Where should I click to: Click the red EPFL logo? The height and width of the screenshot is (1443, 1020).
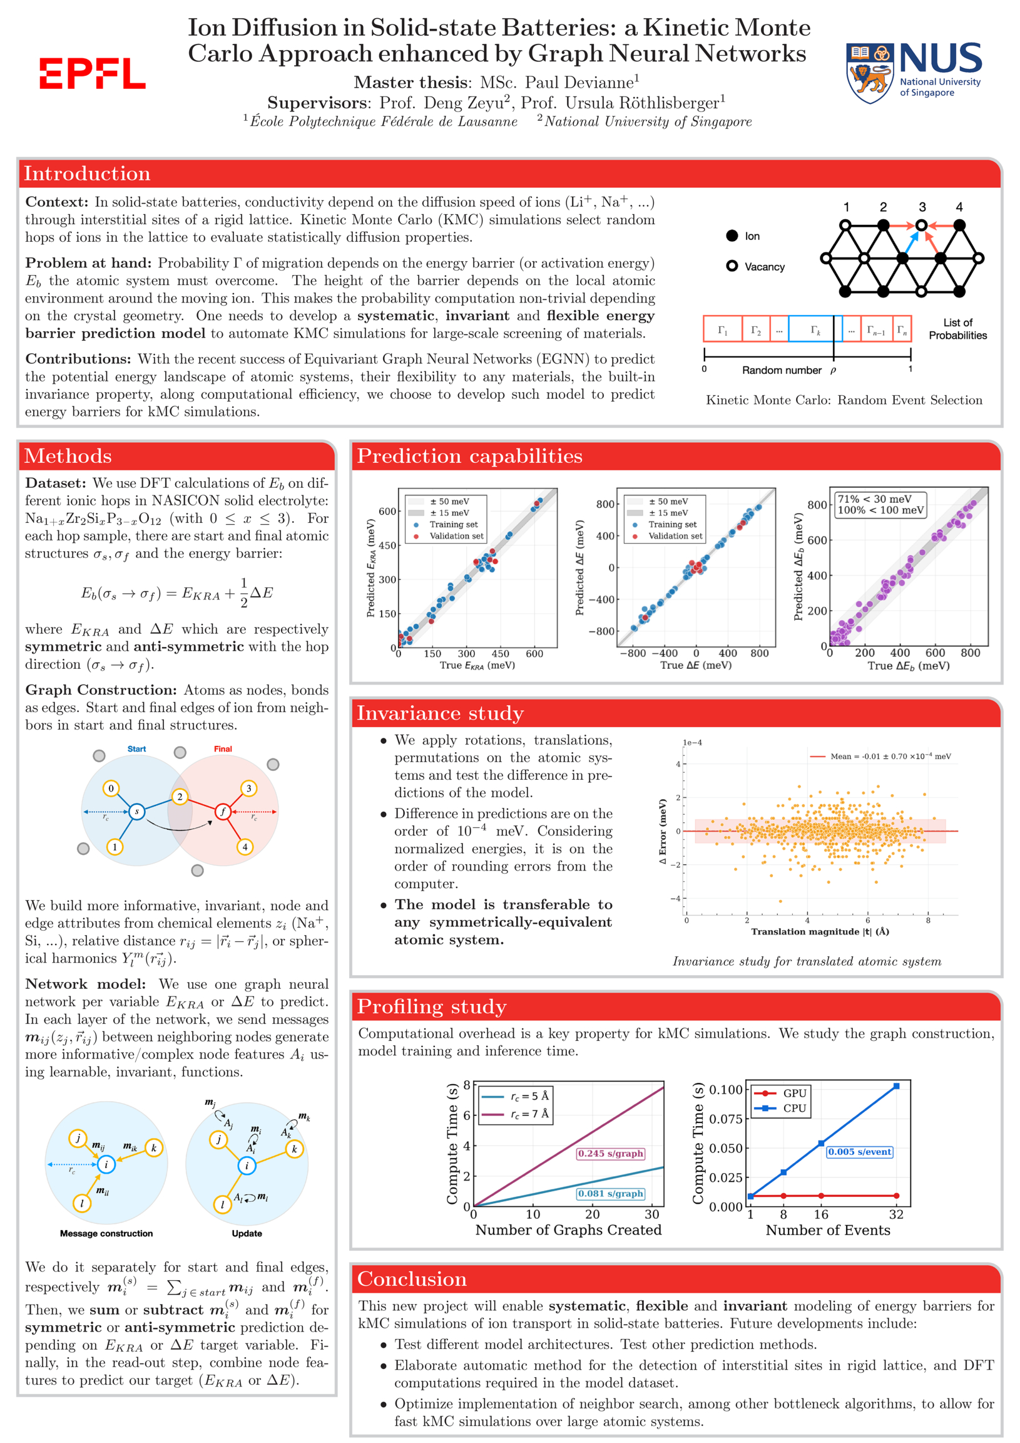coord(93,73)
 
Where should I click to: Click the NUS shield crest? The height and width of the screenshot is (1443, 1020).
coord(870,72)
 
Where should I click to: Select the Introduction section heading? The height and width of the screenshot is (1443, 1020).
coord(88,173)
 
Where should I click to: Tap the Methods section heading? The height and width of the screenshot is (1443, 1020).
coord(68,456)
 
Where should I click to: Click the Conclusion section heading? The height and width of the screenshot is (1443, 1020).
coord(411,1278)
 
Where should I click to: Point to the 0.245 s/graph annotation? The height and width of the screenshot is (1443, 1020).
coord(611,1153)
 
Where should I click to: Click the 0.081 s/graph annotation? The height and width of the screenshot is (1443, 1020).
coord(611,1194)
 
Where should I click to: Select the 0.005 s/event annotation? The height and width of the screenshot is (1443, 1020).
coord(859,1151)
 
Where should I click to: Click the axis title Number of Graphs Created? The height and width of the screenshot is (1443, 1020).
coord(568,1229)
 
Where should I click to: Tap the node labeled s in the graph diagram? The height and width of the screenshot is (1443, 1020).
coord(136,811)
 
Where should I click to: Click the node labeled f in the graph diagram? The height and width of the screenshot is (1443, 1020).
coord(222,811)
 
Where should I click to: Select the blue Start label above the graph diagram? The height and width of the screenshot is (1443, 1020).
coord(136,748)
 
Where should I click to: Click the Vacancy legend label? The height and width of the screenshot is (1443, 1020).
coord(764,266)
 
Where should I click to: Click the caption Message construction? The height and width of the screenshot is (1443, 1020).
coord(106,1233)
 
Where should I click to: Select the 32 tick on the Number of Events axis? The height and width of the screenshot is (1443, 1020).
coord(895,1214)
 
